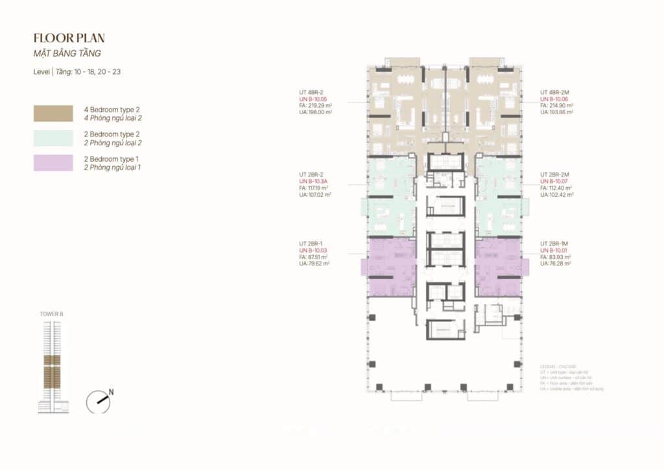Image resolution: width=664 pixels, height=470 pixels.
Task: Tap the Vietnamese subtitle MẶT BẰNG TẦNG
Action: coord(67,54)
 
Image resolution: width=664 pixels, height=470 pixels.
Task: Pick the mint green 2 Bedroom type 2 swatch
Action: coord(53,137)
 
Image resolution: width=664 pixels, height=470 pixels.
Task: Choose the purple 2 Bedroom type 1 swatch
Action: coord(53,162)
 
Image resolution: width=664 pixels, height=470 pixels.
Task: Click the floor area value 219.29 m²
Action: coord(319,105)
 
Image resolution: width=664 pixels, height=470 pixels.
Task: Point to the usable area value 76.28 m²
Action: coord(558,264)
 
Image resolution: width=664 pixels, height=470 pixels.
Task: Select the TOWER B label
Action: coord(52,314)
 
